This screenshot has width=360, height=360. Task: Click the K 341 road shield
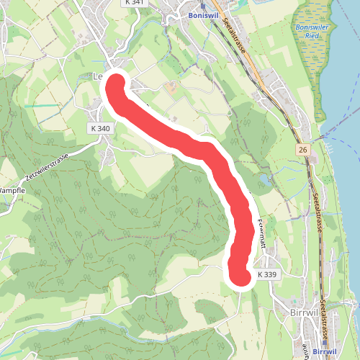click(x=134, y=3)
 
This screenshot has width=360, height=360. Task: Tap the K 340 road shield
click(x=101, y=128)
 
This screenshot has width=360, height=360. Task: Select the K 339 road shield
click(x=266, y=274)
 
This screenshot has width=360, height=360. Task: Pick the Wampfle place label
click(x=10, y=189)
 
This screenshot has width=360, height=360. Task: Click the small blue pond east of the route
click(x=264, y=179)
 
